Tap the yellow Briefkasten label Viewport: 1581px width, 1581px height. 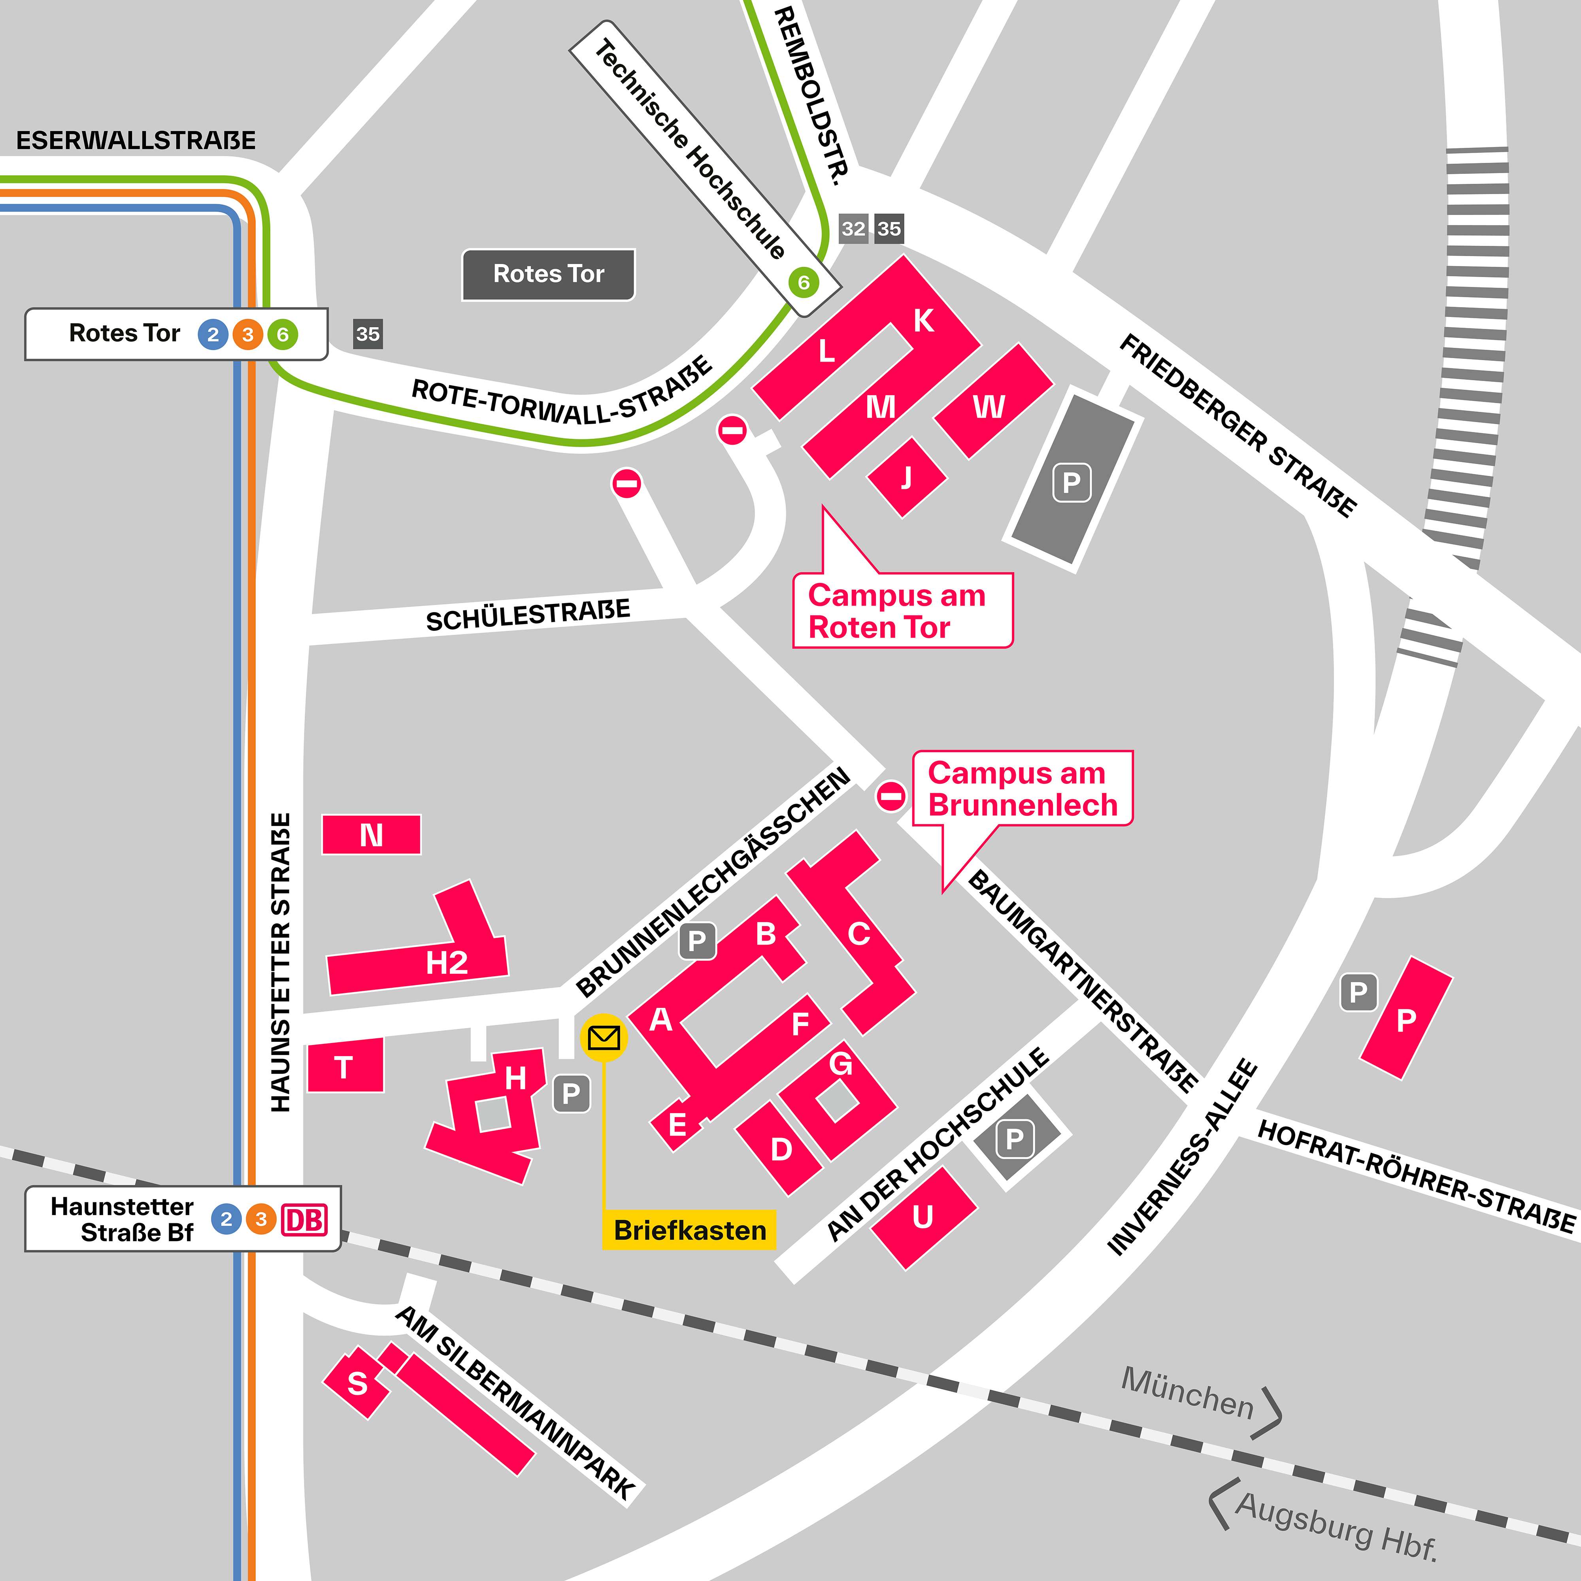click(689, 1230)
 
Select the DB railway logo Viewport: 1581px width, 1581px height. click(304, 1219)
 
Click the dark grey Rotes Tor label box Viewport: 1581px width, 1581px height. click(548, 274)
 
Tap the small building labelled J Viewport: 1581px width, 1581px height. click(906, 477)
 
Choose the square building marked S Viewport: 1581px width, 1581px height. click(357, 1383)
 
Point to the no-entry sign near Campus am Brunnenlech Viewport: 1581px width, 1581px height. click(891, 795)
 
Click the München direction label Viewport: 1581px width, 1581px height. click(1187, 1393)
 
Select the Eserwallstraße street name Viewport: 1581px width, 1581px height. click(136, 141)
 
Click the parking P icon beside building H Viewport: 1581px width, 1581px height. click(571, 1093)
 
